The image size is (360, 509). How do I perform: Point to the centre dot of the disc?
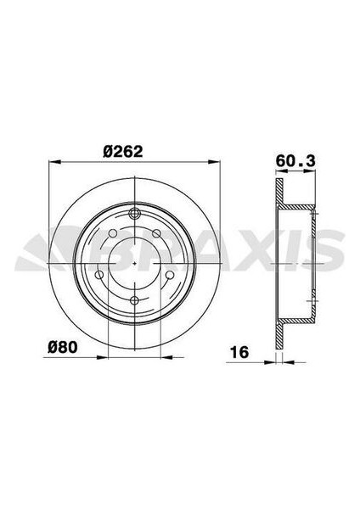coord(136,263)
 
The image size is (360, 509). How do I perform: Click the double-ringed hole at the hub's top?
coord(136,214)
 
